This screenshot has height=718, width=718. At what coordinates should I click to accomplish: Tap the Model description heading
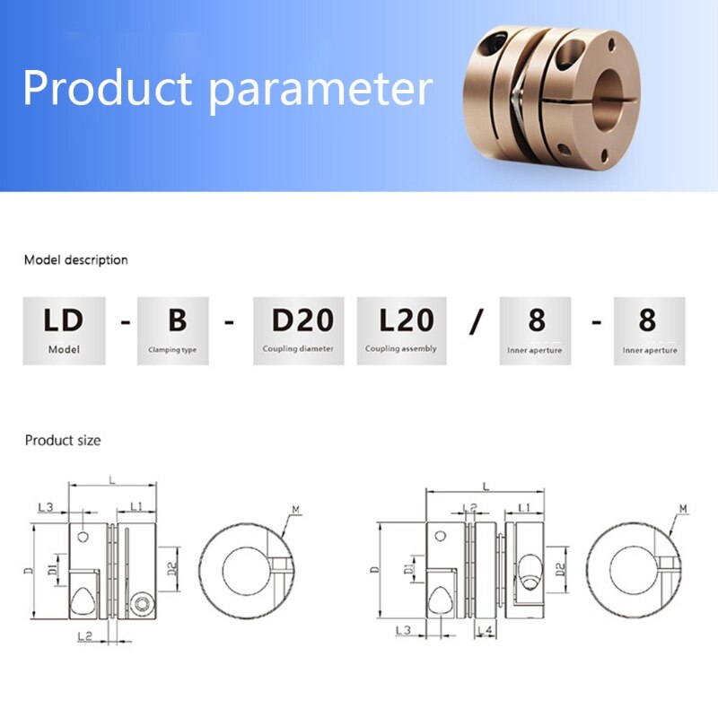click(x=76, y=260)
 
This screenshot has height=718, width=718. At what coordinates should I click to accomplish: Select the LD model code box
click(x=65, y=330)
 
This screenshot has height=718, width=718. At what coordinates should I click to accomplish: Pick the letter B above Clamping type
click(x=178, y=320)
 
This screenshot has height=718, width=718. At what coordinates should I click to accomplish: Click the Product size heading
click(x=63, y=441)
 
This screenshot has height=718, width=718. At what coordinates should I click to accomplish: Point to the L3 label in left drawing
click(x=46, y=508)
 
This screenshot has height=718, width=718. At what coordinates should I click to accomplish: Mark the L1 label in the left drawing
click(x=136, y=508)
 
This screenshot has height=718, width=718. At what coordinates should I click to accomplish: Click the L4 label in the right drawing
click(x=485, y=632)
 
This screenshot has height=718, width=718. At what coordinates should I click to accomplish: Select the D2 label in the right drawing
click(x=559, y=568)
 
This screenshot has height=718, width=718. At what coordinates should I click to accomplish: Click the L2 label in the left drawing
click(x=85, y=636)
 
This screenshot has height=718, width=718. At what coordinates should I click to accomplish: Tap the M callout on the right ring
click(x=683, y=510)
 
